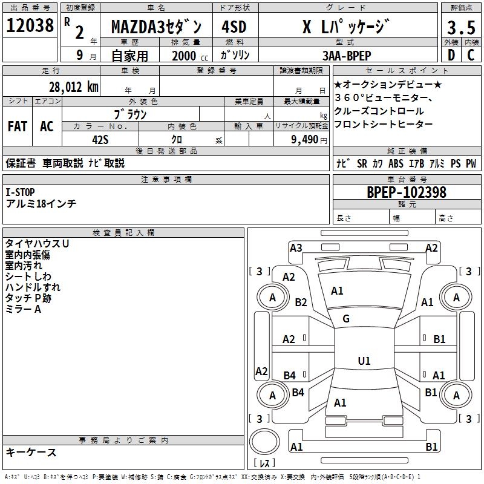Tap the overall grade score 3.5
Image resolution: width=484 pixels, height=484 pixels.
[460, 27]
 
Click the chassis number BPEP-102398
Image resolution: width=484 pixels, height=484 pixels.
[407, 192]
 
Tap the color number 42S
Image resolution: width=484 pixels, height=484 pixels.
[100, 139]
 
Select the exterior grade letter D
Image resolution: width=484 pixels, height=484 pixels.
[450, 55]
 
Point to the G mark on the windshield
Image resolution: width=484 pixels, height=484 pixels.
[346, 319]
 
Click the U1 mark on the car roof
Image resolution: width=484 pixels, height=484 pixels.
[364, 361]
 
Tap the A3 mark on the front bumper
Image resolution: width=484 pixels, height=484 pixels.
[296, 247]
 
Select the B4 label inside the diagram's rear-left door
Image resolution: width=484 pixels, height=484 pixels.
[290, 376]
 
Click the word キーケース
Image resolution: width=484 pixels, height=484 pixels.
[31, 453]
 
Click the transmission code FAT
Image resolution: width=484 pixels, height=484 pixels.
[18, 126]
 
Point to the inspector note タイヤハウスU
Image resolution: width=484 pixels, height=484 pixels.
[37, 243]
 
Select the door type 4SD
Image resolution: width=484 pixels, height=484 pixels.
[234, 27]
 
